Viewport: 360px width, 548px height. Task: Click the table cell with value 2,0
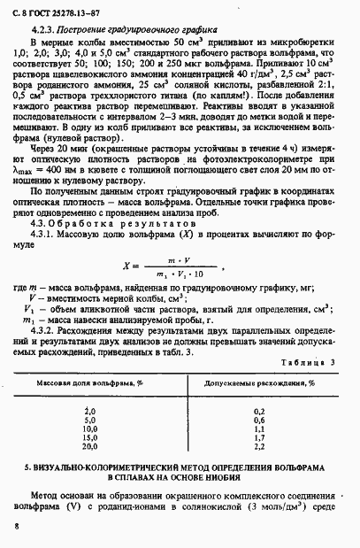coord(88,410)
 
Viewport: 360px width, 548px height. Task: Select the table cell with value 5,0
coord(88,419)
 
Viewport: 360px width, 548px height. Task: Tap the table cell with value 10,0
coord(88,428)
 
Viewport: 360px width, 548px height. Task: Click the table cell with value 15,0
coord(88,436)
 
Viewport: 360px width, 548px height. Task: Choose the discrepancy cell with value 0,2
coord(258,410)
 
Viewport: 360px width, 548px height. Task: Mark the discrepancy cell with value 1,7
coord(258,436)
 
